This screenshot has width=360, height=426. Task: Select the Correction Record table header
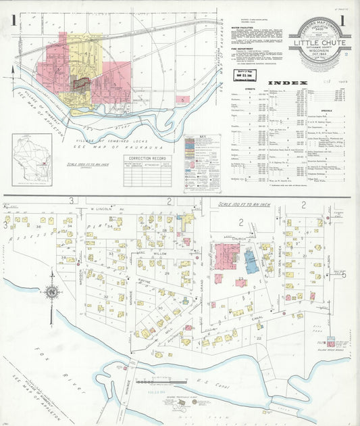tap(148, 158)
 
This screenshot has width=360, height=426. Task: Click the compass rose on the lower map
tap(51, 293)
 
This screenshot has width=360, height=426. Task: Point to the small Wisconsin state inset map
tap(32, 159)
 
